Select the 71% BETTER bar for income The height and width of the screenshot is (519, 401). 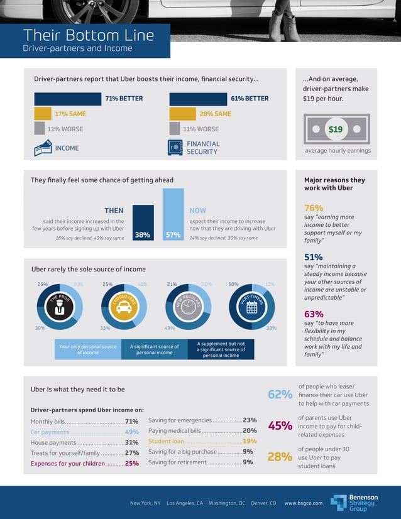tap(67, 99)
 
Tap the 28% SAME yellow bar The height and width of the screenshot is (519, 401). tap(183, 114)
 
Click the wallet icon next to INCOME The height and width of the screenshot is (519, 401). tap(43, 148)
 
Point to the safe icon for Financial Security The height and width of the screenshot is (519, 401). tap(175, 148)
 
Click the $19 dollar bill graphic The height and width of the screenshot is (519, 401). tap(336, 129)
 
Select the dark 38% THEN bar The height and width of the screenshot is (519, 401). tap(143, 223)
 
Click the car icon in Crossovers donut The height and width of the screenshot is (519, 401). tap(124, 308)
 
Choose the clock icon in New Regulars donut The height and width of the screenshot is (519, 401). tap(188, 308)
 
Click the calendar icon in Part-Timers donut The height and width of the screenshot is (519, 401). tap(252, 308)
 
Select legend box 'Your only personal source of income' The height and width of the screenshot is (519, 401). tap(87, 349)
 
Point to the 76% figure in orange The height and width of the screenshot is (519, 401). tap(314, 208)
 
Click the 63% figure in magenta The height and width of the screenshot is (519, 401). tap(314, 314)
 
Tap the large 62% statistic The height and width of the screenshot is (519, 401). tap(280, 395)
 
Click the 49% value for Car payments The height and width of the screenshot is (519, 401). tap(131, 432)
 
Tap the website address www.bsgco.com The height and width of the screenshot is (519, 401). tap(304, 503)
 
